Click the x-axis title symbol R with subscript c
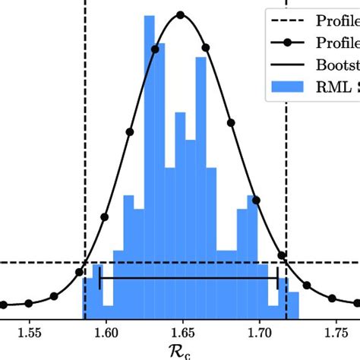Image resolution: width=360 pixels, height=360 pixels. point(182,352)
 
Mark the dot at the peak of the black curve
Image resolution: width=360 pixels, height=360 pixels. point(180,14)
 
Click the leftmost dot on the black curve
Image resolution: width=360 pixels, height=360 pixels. point(3,305)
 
